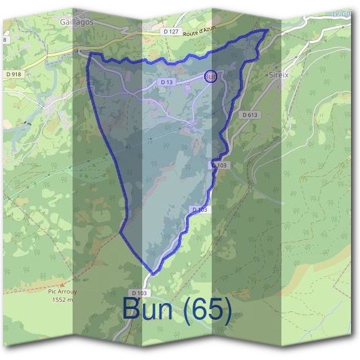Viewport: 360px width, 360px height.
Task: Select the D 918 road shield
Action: pos(12,74)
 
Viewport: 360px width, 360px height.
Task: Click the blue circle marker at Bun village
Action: pos(210,77)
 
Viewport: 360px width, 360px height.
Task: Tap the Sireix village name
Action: pos(280,76)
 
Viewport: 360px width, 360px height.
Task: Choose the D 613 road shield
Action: pos(250,115)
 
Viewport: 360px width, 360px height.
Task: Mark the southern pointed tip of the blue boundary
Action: pos(152,274)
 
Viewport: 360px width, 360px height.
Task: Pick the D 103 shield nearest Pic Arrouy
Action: pos(139,293)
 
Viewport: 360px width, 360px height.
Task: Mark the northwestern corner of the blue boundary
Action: pos(89,54)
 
